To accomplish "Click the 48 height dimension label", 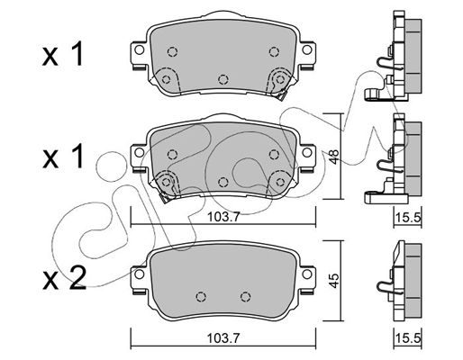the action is coord(333,157).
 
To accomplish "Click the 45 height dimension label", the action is coord(333,281).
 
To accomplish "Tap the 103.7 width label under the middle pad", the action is coord(223,217).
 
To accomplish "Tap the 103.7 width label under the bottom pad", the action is coord(223,338).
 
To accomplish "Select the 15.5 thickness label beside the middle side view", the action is coord(408,217).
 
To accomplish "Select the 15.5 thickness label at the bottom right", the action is coord(408,338).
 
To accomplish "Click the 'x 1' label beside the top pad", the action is coord(62,54).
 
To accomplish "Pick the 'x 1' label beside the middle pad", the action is coord(62,156).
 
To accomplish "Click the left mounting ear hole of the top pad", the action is coord(140,49).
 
